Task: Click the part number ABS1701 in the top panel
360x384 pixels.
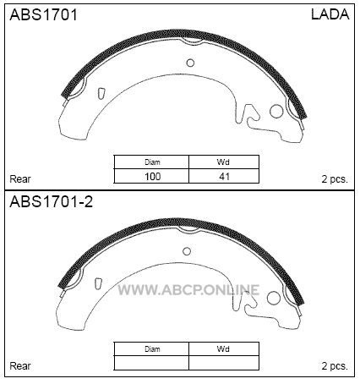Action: tap(43, 14)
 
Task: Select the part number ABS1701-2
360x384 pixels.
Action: tap(52, 202)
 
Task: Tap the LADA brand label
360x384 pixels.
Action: tap(330, 14)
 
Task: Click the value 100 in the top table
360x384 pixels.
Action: tap(152, 177)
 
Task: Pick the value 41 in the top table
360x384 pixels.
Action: tap(224, 177)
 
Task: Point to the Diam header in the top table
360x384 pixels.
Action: tap(152, 162)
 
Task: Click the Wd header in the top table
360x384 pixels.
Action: tap(223, 162)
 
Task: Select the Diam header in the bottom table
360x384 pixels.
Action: tap(152, 349)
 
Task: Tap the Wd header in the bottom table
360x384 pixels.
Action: tap(223, 349)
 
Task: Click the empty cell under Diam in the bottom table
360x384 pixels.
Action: tap(151, 363)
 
